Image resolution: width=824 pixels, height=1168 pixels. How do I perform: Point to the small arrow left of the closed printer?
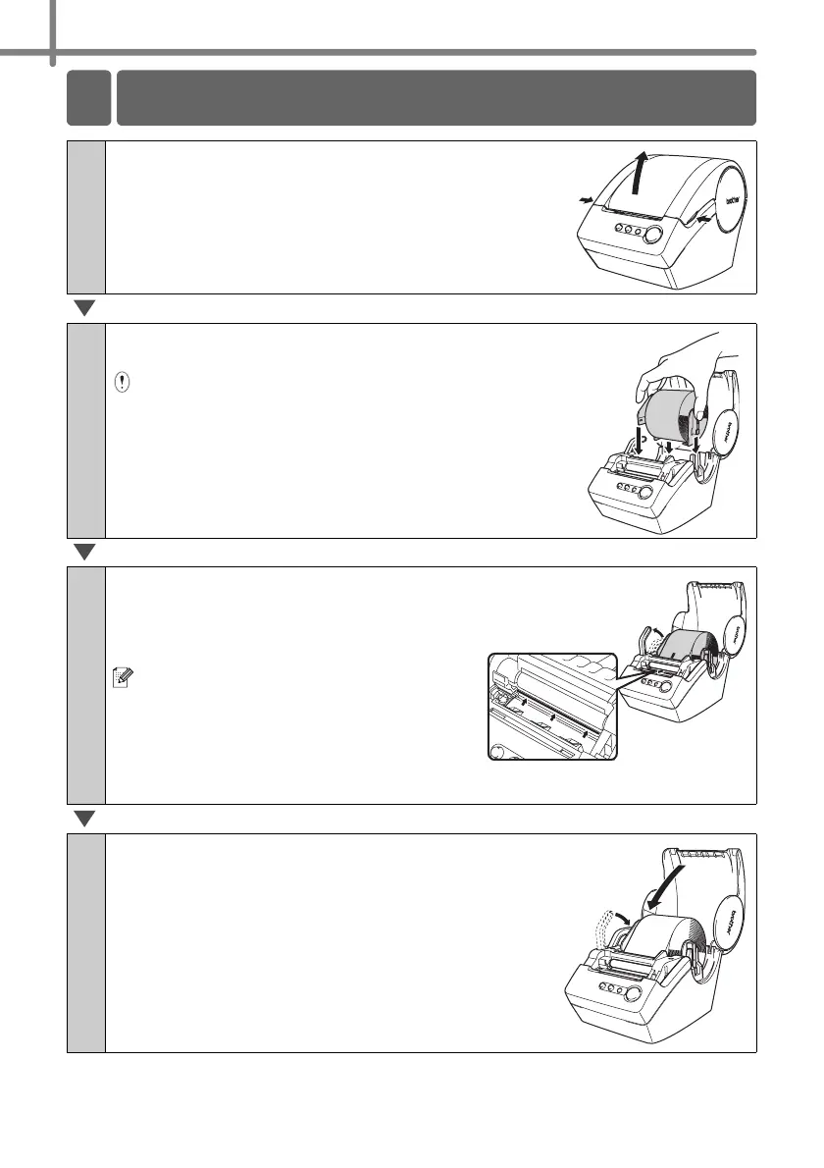[x=587, y=200]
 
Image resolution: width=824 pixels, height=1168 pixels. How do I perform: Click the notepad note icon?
[x=122, y=678]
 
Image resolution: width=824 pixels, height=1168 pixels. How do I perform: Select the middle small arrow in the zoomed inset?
[x=555, y=722]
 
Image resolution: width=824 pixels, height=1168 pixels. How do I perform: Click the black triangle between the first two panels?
[x=84, y=310]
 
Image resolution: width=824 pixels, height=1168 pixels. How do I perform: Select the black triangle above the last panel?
[x=84, y=821]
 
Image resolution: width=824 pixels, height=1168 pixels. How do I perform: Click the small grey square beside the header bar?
[x=88, y=98]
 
